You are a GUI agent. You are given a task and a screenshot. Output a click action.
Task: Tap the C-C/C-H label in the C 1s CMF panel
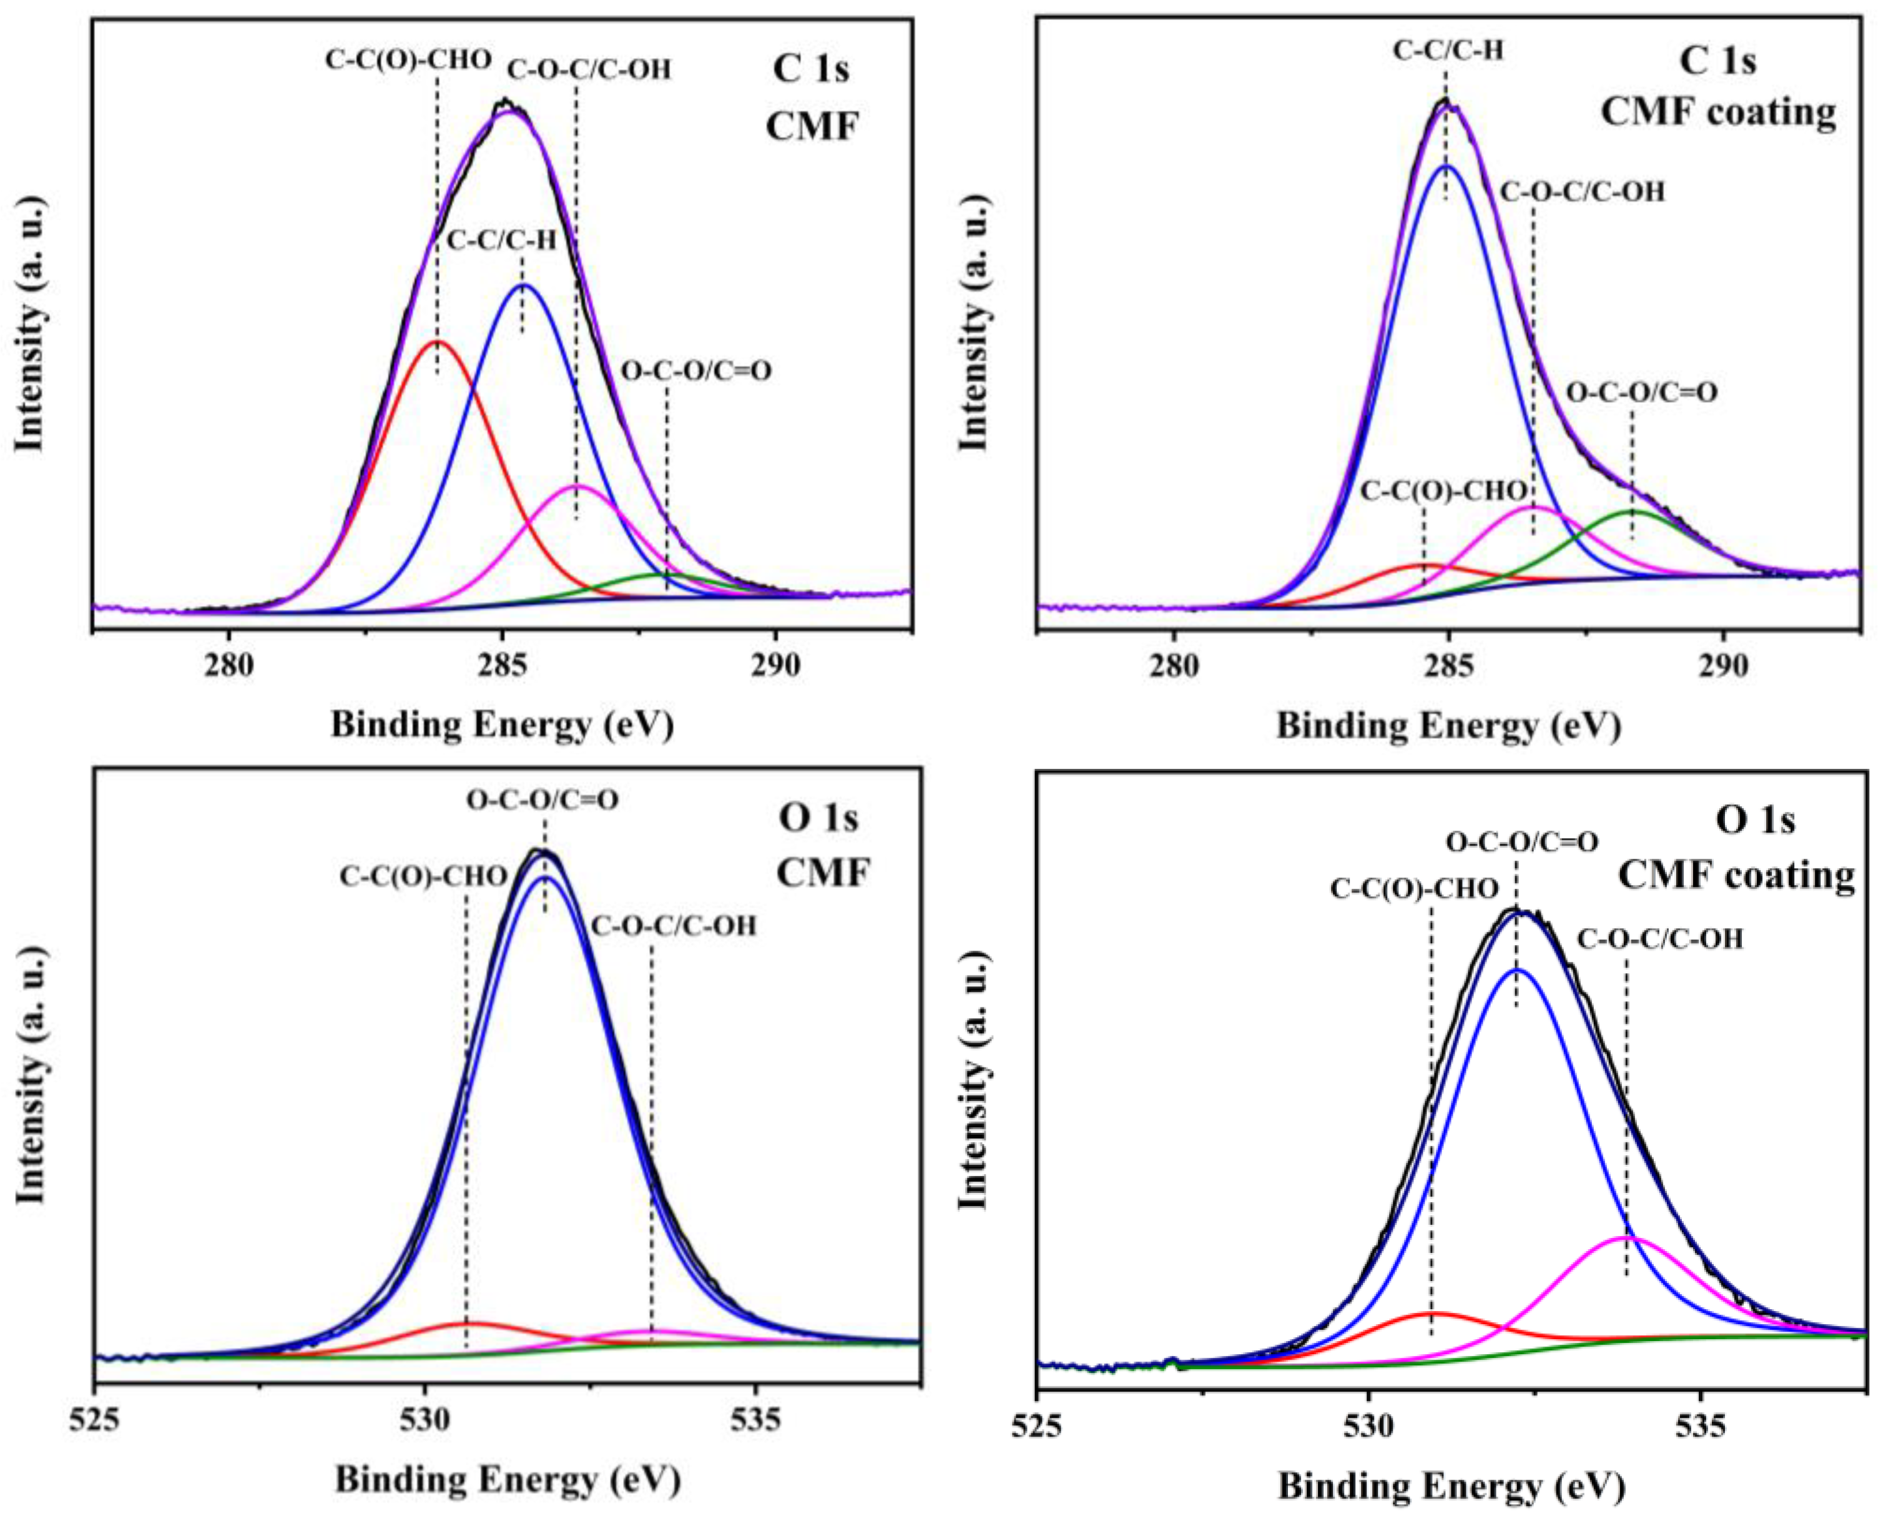(501, 240)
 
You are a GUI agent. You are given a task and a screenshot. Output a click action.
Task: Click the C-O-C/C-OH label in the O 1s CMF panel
(674, 926)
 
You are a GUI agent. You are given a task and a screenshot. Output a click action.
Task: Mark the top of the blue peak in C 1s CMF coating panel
(1445, 166)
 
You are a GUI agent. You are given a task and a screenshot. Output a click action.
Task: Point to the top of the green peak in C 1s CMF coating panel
(1633, 511)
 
